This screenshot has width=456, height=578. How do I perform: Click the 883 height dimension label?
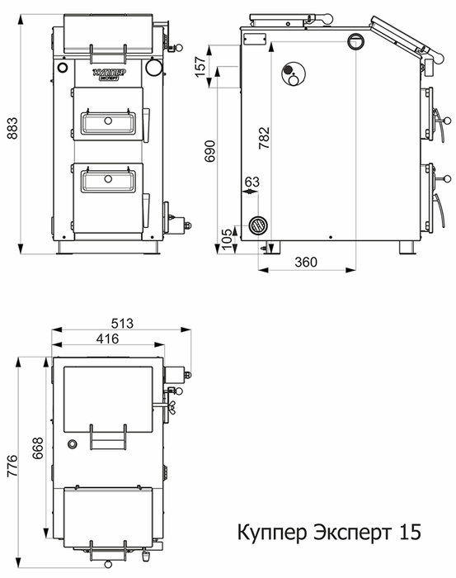12,128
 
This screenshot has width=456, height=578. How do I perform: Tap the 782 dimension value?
264,138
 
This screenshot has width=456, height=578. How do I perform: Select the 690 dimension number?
210,151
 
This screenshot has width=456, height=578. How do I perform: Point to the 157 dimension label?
200,66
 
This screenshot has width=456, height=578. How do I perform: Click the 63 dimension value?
252,182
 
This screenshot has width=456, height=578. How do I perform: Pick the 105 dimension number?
228,238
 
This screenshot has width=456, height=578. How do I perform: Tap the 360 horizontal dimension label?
306,262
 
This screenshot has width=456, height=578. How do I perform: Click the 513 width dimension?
122,324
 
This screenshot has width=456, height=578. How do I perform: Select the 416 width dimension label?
107,339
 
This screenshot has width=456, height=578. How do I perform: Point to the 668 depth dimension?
38,448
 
